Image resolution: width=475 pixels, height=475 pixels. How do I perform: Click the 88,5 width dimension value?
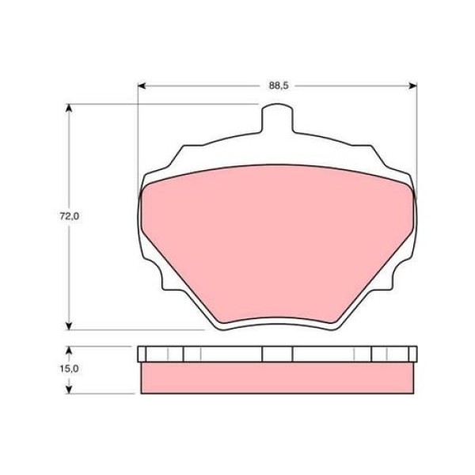(276, 85)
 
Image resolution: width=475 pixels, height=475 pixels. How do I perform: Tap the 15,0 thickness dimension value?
(70, 369)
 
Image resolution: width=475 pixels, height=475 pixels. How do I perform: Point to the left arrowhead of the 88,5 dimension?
(142, 85)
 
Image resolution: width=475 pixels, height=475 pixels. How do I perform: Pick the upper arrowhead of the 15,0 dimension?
(70, 350)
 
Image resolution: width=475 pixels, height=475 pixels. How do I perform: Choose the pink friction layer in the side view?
(276, 378)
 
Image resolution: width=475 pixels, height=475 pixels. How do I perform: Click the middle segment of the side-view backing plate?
(276, 354)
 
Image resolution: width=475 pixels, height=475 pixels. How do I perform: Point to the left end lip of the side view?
(142, 354)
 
